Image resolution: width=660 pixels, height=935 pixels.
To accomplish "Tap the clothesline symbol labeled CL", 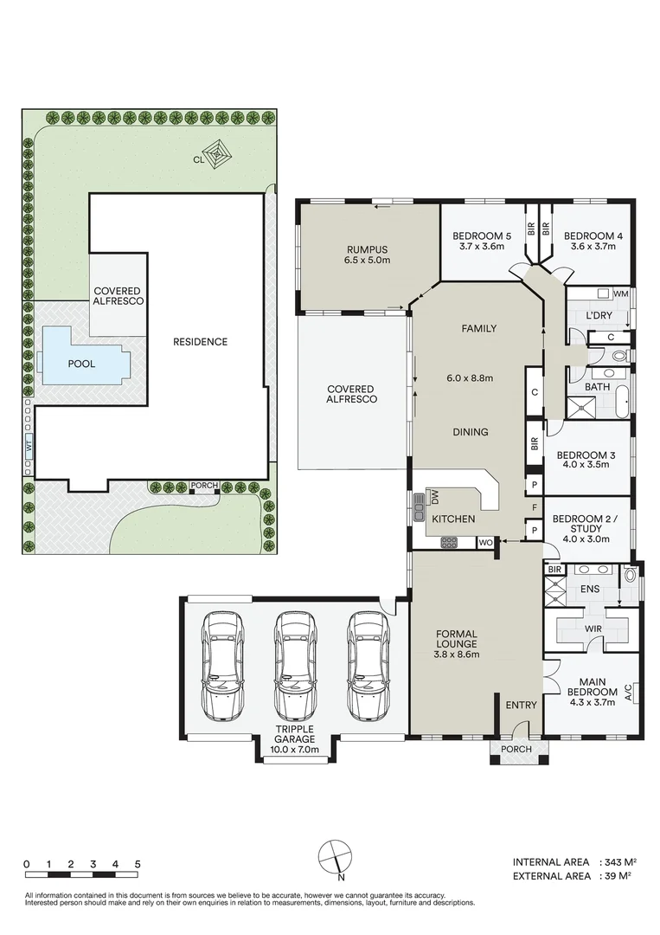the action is pos(218,154).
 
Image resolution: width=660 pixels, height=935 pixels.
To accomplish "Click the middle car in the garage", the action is pos(294,667).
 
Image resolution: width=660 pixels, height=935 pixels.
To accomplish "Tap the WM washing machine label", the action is pos(621,294).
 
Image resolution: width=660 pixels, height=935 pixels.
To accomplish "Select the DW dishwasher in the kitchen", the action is pos(434,496).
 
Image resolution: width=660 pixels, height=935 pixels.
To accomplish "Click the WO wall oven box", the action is pos(486,543).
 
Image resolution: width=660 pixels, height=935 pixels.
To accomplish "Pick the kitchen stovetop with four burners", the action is pos(449,542).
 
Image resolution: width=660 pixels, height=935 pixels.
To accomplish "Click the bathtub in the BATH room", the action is pos(623,403).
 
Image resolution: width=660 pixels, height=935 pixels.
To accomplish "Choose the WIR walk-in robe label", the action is pos(593,629).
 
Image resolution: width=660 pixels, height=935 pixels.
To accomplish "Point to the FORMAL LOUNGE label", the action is pos(457,639).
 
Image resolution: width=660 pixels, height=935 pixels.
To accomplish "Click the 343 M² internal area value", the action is pos(620,861).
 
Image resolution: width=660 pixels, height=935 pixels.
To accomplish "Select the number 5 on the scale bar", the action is pos(138,864).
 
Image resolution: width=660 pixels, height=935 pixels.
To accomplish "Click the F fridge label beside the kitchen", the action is pos(535,507).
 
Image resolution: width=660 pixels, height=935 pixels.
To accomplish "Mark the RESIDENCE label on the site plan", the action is pos(200,342).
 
